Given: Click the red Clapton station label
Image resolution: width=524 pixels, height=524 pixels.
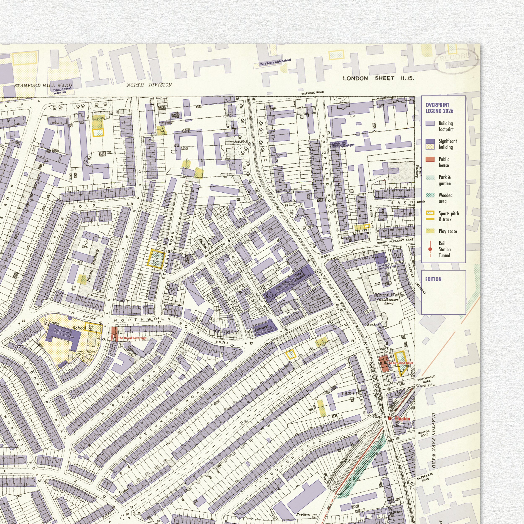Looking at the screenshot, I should click(402, 419).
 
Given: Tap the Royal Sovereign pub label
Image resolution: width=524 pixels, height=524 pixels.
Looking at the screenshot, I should click(132, 338).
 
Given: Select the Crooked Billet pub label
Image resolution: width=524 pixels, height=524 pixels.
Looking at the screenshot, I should click(400, 363).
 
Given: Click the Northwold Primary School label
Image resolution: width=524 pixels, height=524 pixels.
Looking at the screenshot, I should click(64, 333).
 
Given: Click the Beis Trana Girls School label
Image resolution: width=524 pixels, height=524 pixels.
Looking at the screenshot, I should click(275, 62).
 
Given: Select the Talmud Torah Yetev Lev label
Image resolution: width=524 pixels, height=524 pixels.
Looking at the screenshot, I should click(62, 91).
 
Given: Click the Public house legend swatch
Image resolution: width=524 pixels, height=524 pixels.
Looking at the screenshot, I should click(430, 159).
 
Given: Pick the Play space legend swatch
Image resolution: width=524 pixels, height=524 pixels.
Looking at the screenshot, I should click(430, 231).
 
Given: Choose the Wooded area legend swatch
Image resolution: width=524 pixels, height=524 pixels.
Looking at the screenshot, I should click(430, 195).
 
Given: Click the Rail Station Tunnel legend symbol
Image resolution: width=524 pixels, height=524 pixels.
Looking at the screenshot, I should click(430, 249).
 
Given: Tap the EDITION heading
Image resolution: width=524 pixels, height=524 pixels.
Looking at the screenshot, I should click(433, 279).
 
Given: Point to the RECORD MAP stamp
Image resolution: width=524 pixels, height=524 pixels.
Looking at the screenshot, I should click(456, 61).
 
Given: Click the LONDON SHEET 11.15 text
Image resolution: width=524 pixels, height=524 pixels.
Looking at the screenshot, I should click(378, 78).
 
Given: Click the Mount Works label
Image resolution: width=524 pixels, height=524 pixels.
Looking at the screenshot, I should click(389, 295).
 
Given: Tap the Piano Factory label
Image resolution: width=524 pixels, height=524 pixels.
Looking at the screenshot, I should click(92, 266).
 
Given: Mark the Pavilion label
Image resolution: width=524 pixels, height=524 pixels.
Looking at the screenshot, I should click(303, 514).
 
